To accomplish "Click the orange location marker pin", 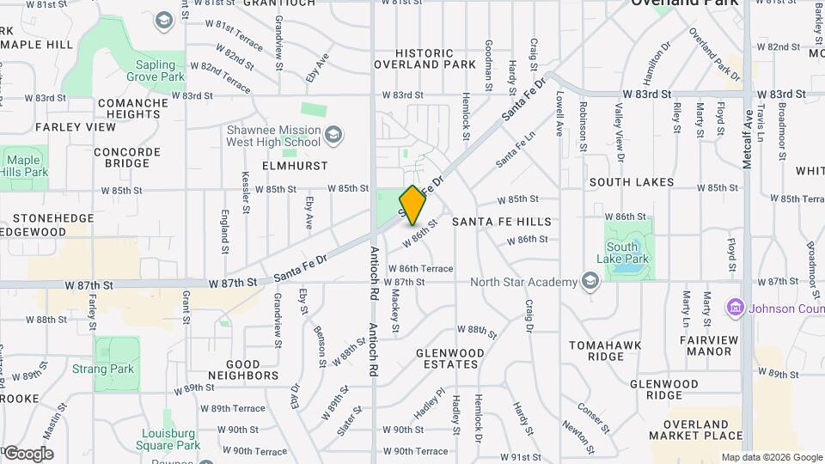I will (412, 205).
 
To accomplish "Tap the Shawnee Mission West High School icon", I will (333, 135).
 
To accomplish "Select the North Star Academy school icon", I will (590, 281).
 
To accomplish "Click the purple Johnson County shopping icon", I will (735, 307).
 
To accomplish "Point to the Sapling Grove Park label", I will (161, 70).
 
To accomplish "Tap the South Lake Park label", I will (621, 253).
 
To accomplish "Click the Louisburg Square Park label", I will (168, 439).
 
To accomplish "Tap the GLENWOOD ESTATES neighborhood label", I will (450, 358).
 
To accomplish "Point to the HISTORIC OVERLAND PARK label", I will (425, 58).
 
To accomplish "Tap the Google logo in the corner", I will (27, 454).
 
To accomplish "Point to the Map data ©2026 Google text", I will (771, 457).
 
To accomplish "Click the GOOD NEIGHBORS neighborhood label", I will (243, 369).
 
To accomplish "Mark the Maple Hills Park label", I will (24, 166).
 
